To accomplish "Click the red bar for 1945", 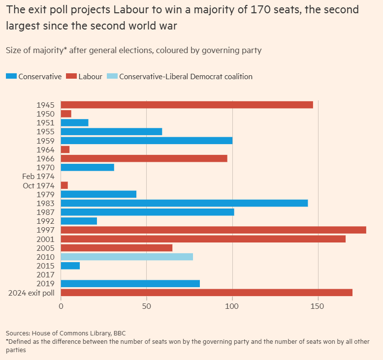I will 187,105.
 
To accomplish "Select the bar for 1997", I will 213,230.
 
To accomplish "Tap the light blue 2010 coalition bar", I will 127,257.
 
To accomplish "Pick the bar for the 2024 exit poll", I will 206,293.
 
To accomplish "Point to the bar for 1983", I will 184,203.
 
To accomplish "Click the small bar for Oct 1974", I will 64,185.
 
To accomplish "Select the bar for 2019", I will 130,284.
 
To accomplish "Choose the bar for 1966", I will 144,158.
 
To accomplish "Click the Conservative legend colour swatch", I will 11,76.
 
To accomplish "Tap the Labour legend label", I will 90,76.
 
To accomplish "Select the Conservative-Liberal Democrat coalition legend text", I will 186,76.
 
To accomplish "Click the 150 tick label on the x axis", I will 318,306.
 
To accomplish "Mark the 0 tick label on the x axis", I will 61,306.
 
